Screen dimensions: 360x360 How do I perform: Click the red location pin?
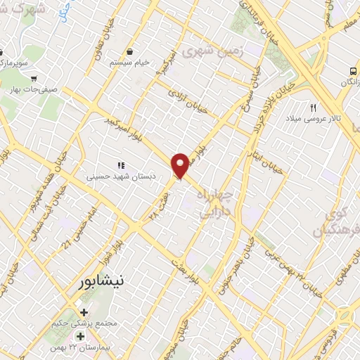click(181, 165)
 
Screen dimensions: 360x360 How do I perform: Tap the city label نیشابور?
click(99, 281)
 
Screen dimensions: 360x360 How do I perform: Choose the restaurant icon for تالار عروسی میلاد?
click(314, 108)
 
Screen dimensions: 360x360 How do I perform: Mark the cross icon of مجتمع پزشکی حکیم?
click(84, 312)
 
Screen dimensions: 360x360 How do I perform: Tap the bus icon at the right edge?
click(352, 71)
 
